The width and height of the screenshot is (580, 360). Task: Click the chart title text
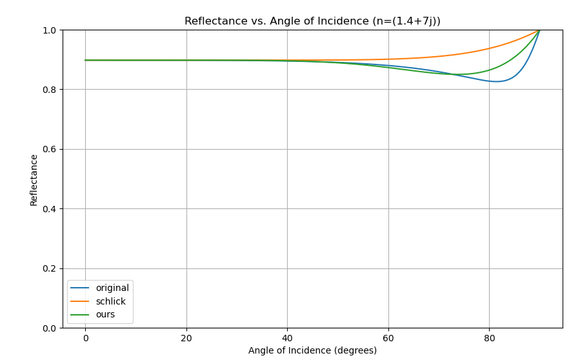click(312, 21)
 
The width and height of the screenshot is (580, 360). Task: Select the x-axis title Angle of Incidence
click(312, 350)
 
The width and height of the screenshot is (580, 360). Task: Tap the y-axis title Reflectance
click(34, 179)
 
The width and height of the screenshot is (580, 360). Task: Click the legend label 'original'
click(112, 288)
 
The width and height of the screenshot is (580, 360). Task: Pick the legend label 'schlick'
click(110, 301)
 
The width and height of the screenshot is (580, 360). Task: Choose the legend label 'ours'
click(105, 314)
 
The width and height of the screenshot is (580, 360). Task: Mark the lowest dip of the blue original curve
click(495, 81)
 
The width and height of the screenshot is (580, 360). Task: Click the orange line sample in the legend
click(80, 301)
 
